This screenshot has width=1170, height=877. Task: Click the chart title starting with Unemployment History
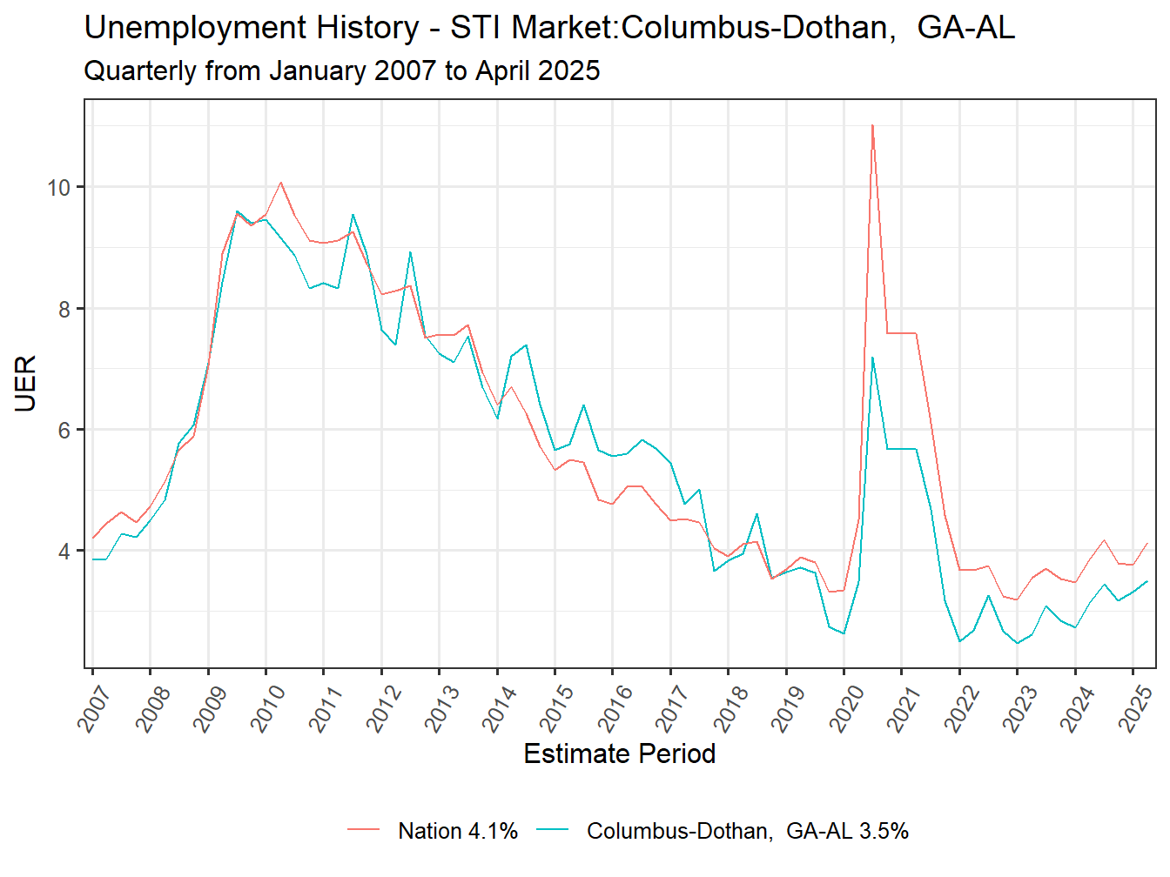(x=548, y=28)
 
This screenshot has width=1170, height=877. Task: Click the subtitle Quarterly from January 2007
(x=341, y=70)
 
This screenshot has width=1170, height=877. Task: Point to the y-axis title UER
(x=25, y=383)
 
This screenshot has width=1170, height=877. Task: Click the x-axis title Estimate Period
(x=619, y=753)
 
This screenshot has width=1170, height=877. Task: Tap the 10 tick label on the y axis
(x=59, y=187)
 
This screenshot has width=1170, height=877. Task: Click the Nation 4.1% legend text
(x=458, y=831)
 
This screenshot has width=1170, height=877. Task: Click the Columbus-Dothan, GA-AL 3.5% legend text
(x=747, y=831)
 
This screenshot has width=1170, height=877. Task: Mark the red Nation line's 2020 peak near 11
(x=872, y=125)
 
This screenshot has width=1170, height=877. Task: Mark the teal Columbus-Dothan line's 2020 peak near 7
(x=872, y=358)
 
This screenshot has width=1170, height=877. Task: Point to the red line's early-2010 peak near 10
(x=280, y=183)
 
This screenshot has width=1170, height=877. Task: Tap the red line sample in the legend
(x=364, y=831)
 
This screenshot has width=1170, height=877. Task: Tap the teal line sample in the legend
(x=553, y=831)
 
